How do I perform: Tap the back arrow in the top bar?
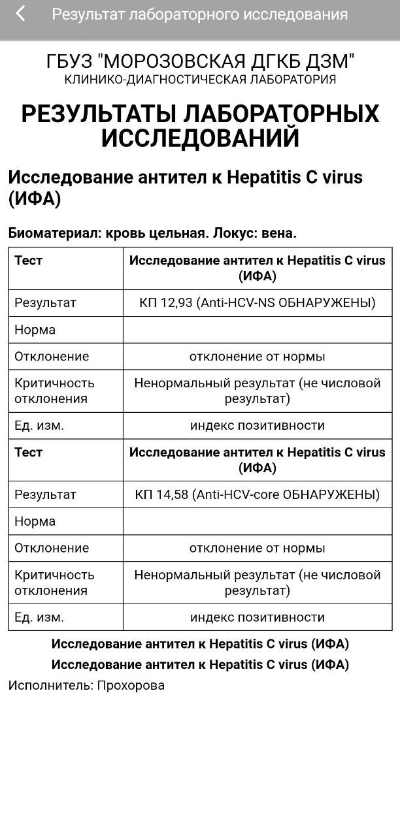click(x=20, y=14)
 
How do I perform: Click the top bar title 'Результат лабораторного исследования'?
click(x=199, y=14)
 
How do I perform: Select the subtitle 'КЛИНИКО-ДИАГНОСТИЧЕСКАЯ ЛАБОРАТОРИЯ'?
click(x=200, y=80)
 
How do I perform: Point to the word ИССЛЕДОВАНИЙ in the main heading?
click(x=200, y=138)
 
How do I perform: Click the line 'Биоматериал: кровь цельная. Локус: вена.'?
click(x=152, y=233)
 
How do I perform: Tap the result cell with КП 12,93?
click(x=258, y=303)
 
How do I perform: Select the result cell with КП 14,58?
click(x=258, y=494)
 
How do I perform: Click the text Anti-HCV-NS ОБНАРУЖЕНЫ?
click(x=288, y=303)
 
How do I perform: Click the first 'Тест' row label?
click(x=28, y=261)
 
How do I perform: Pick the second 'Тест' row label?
click(x=28, y=452)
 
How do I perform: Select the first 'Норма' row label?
click(x=35, y=330)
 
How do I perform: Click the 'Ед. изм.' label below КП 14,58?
click(x=39, y=617)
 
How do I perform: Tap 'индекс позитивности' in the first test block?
click(x=258, y=425)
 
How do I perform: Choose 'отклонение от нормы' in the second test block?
click(x=258, y=548)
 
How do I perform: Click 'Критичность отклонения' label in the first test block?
click(x=54, y=391)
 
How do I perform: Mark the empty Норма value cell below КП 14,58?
click(x=258, y=521)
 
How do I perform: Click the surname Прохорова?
click(x=131, y=685)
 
